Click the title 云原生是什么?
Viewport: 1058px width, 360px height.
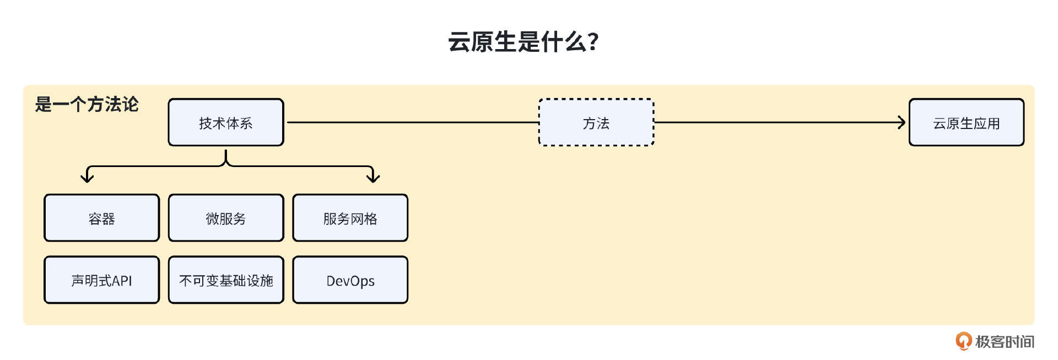523,42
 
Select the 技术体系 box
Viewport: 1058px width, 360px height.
226,122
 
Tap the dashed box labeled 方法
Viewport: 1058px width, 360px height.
596,122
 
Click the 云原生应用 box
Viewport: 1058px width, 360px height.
966,122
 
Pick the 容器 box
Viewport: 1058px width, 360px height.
101,218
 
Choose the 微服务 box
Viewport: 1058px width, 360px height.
226,218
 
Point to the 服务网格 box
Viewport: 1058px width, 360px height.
350,218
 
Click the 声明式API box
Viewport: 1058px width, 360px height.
101,280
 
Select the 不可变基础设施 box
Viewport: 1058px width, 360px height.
226,280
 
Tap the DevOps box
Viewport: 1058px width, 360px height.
350,280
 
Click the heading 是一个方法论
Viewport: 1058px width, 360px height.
87,104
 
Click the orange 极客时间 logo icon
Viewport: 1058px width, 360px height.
963,341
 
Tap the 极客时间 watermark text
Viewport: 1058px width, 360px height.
1005,342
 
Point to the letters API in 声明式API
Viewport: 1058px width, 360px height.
122,281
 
